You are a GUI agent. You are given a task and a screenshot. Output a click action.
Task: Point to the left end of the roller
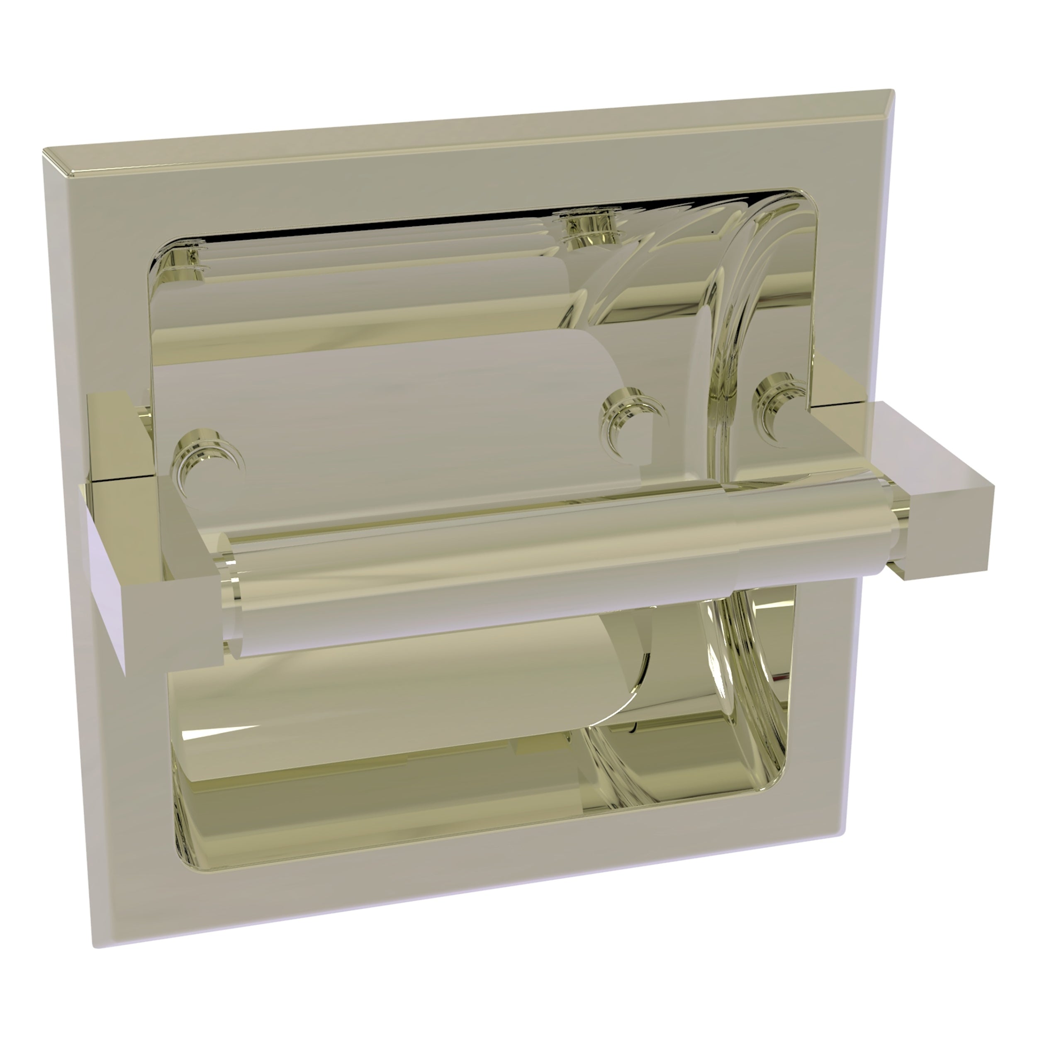[234, 606]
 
